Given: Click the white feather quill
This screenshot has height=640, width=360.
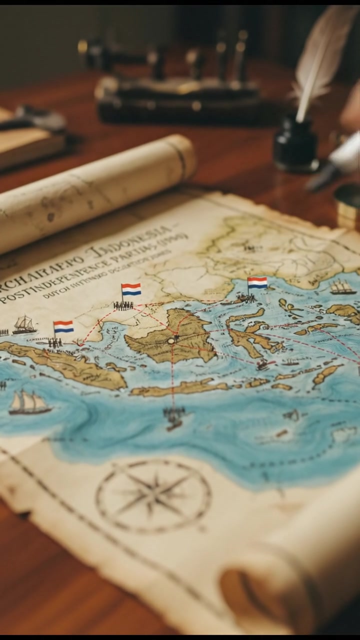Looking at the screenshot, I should pyautogui.click(x=320, y=55).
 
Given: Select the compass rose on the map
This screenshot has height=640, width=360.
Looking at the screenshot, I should pyautogui.click(x=153, y=495).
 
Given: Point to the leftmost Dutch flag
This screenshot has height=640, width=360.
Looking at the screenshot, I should pyautogui.click(x=63, y=326).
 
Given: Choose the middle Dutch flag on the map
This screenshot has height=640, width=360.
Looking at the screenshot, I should pyautogui.click(x=131, y=289).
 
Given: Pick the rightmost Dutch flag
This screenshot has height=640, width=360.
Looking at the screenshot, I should pyautogui.click(x=257, y=283).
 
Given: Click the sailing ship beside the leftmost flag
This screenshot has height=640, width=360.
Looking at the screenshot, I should pyautogui.click(x=24, y=325).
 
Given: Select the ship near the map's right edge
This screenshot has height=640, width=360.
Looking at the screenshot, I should pyautogui.click(x=342, y=287).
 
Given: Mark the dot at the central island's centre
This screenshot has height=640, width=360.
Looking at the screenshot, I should pyautogui.click(x=172, y=340).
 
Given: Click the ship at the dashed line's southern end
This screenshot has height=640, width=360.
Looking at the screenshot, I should pyautogui.click(x=174, y=417).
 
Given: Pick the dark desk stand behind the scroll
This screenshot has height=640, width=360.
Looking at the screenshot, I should pyautogui.click(x=175, y=95).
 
